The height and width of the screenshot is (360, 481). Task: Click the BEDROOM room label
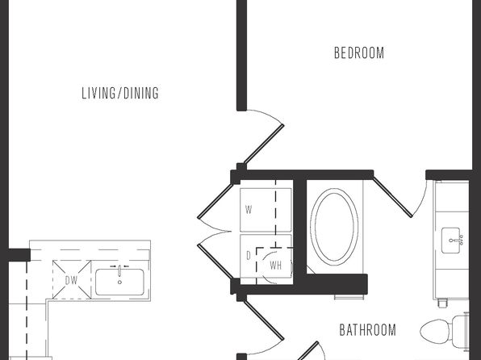click(x=359, y=52)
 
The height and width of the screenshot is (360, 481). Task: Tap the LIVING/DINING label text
click(x=120, y=94)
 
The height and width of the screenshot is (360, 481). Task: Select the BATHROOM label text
click(x=367, y=330)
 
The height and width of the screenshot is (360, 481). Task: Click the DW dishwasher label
click(x=71, y=280)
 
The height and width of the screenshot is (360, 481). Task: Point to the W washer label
click(x=249, y=210)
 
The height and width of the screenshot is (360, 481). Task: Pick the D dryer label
click(x=249, y=256)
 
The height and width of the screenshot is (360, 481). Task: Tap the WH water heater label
click(x=275, y=266)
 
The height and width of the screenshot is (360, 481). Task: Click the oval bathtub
click(x=334, y=227)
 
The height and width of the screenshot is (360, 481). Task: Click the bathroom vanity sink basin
click(x=450, y=241)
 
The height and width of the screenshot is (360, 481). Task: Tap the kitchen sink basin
click(x=119, y=282)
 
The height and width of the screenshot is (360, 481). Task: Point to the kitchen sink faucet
click(x=119, y=270)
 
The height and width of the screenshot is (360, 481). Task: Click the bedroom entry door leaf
click(x=264, y=144)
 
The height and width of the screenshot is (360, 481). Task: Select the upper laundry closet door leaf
click(x=216, y=199)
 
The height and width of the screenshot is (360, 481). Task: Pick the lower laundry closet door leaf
click(x=216, y=262)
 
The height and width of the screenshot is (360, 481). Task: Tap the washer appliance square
click(x=266, y=210)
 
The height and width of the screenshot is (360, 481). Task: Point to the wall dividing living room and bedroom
click(x=242, y=55)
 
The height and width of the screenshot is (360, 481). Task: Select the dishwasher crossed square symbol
click(x=72, y=279)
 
